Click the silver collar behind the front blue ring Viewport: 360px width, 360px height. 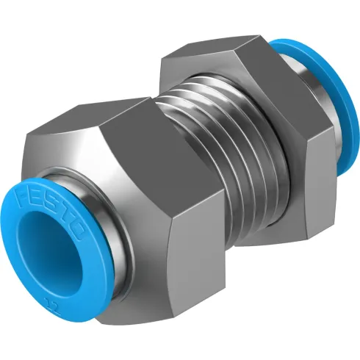(110, 242)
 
